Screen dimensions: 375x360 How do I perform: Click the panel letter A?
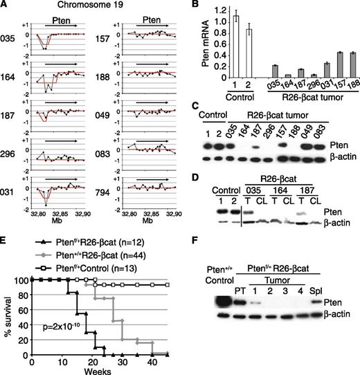coord(6,6)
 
